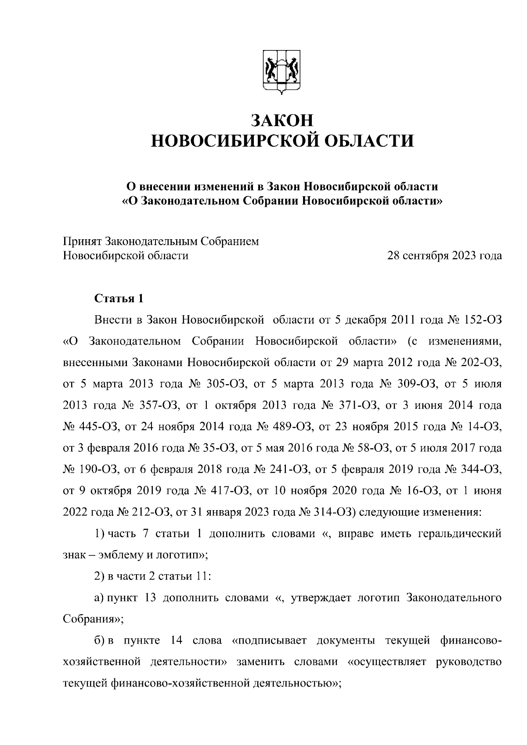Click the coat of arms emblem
(282, 72)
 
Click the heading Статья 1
(119, 299)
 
